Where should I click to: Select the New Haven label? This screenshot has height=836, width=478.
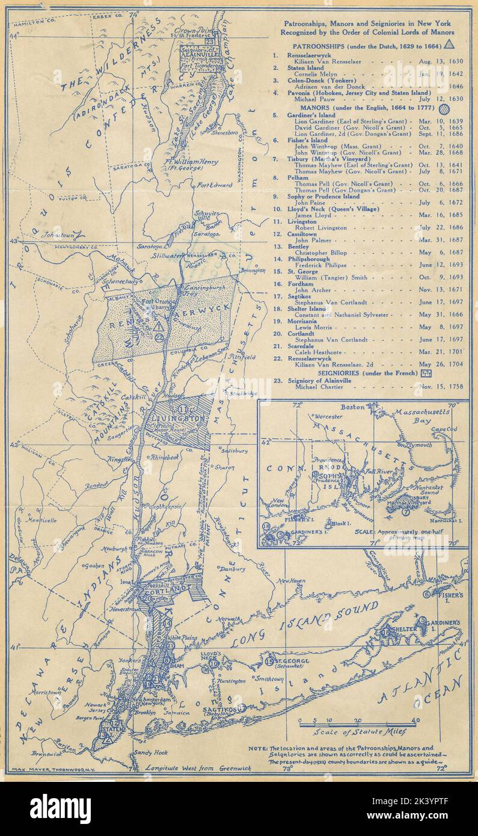coord(290,581)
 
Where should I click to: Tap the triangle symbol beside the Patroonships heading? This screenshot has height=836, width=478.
coord(449,45)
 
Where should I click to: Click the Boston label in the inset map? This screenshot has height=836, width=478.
coord(352,407)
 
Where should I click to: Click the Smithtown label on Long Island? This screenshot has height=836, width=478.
coord(269,678)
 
